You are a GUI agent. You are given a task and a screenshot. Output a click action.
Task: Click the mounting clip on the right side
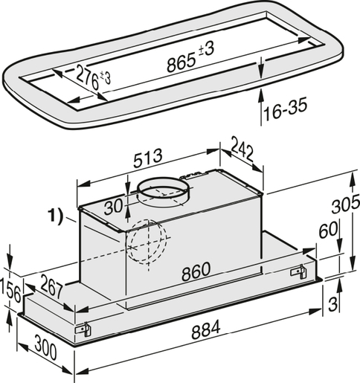(299, 271)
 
